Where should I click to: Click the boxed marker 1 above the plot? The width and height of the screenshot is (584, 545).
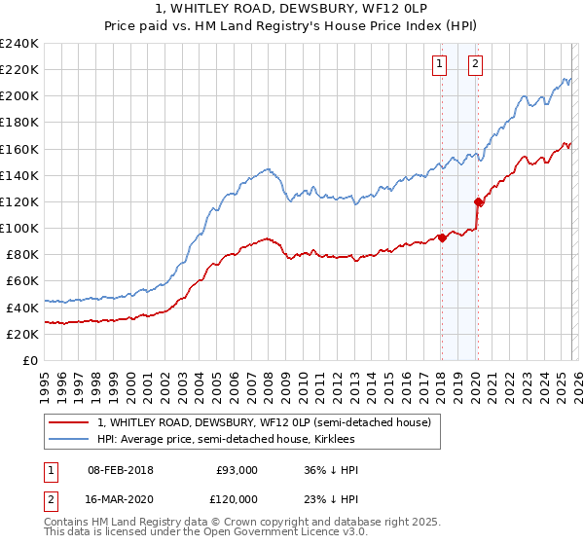coord(440,65)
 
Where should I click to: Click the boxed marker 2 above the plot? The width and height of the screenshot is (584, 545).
coord(476,65)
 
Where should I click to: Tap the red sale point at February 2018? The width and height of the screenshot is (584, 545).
coord(441,236)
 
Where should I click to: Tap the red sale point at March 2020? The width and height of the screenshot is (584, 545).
coord(478,202)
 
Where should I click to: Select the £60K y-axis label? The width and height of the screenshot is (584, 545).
coord(23,280)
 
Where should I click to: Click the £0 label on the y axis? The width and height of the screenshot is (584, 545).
coord(31,359)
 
